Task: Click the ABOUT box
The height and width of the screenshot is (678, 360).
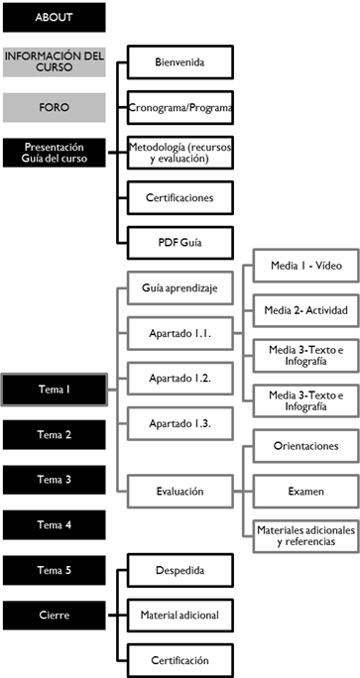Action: [x=54, y=18]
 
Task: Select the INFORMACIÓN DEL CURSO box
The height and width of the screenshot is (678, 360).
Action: [x=54, y=62]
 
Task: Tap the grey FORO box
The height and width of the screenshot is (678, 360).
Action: [x=54, y=107]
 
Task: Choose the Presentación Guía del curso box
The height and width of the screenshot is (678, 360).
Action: [x=54, y=153]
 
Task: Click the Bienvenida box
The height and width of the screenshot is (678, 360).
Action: [x=180, y=62]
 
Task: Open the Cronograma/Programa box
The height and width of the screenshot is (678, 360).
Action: [x=180, y=107]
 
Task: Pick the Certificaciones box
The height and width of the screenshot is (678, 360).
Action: [x=180, y=196]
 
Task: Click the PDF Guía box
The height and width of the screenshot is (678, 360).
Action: [x=180, y=241]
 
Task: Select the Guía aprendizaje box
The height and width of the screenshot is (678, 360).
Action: [x=180, y=286]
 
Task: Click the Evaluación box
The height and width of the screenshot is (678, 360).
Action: [x=180, y=490]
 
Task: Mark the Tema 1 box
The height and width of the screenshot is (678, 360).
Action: [x=54, y=390]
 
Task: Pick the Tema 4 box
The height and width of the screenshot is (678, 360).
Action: [x=54, y=524]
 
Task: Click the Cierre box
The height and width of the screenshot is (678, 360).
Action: [x=54, y=615]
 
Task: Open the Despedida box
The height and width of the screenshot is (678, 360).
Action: [x=180, y=572]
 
